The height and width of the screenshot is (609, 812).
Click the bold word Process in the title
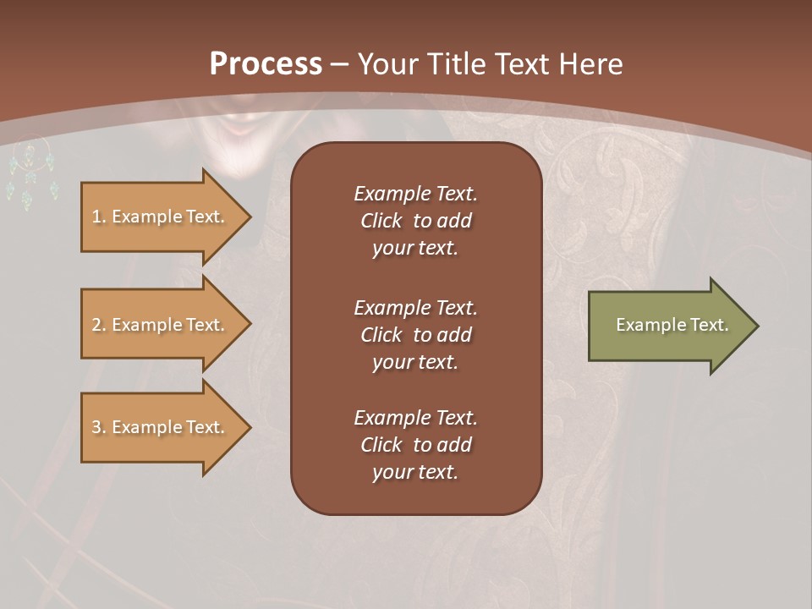[266, 64]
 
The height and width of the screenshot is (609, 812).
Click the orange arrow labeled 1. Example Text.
[161, 217]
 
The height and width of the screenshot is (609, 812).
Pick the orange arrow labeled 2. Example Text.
[161, 325]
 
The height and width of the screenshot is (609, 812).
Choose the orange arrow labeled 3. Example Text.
[161, 427]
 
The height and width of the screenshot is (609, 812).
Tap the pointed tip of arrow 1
[249, 217]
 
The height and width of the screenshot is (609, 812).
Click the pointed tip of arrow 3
[249, 427]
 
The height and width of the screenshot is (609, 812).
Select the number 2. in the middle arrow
[99, 325]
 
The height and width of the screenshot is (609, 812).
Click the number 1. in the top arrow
[99, 217]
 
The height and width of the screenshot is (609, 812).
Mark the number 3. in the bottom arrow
[99, 427]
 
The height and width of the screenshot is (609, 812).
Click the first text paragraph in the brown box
[415, 221]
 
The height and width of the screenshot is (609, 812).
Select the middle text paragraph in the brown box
[415, 334]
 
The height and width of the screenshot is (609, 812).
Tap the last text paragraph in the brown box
[415, 445]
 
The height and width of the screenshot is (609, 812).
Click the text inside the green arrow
[672, 325]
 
